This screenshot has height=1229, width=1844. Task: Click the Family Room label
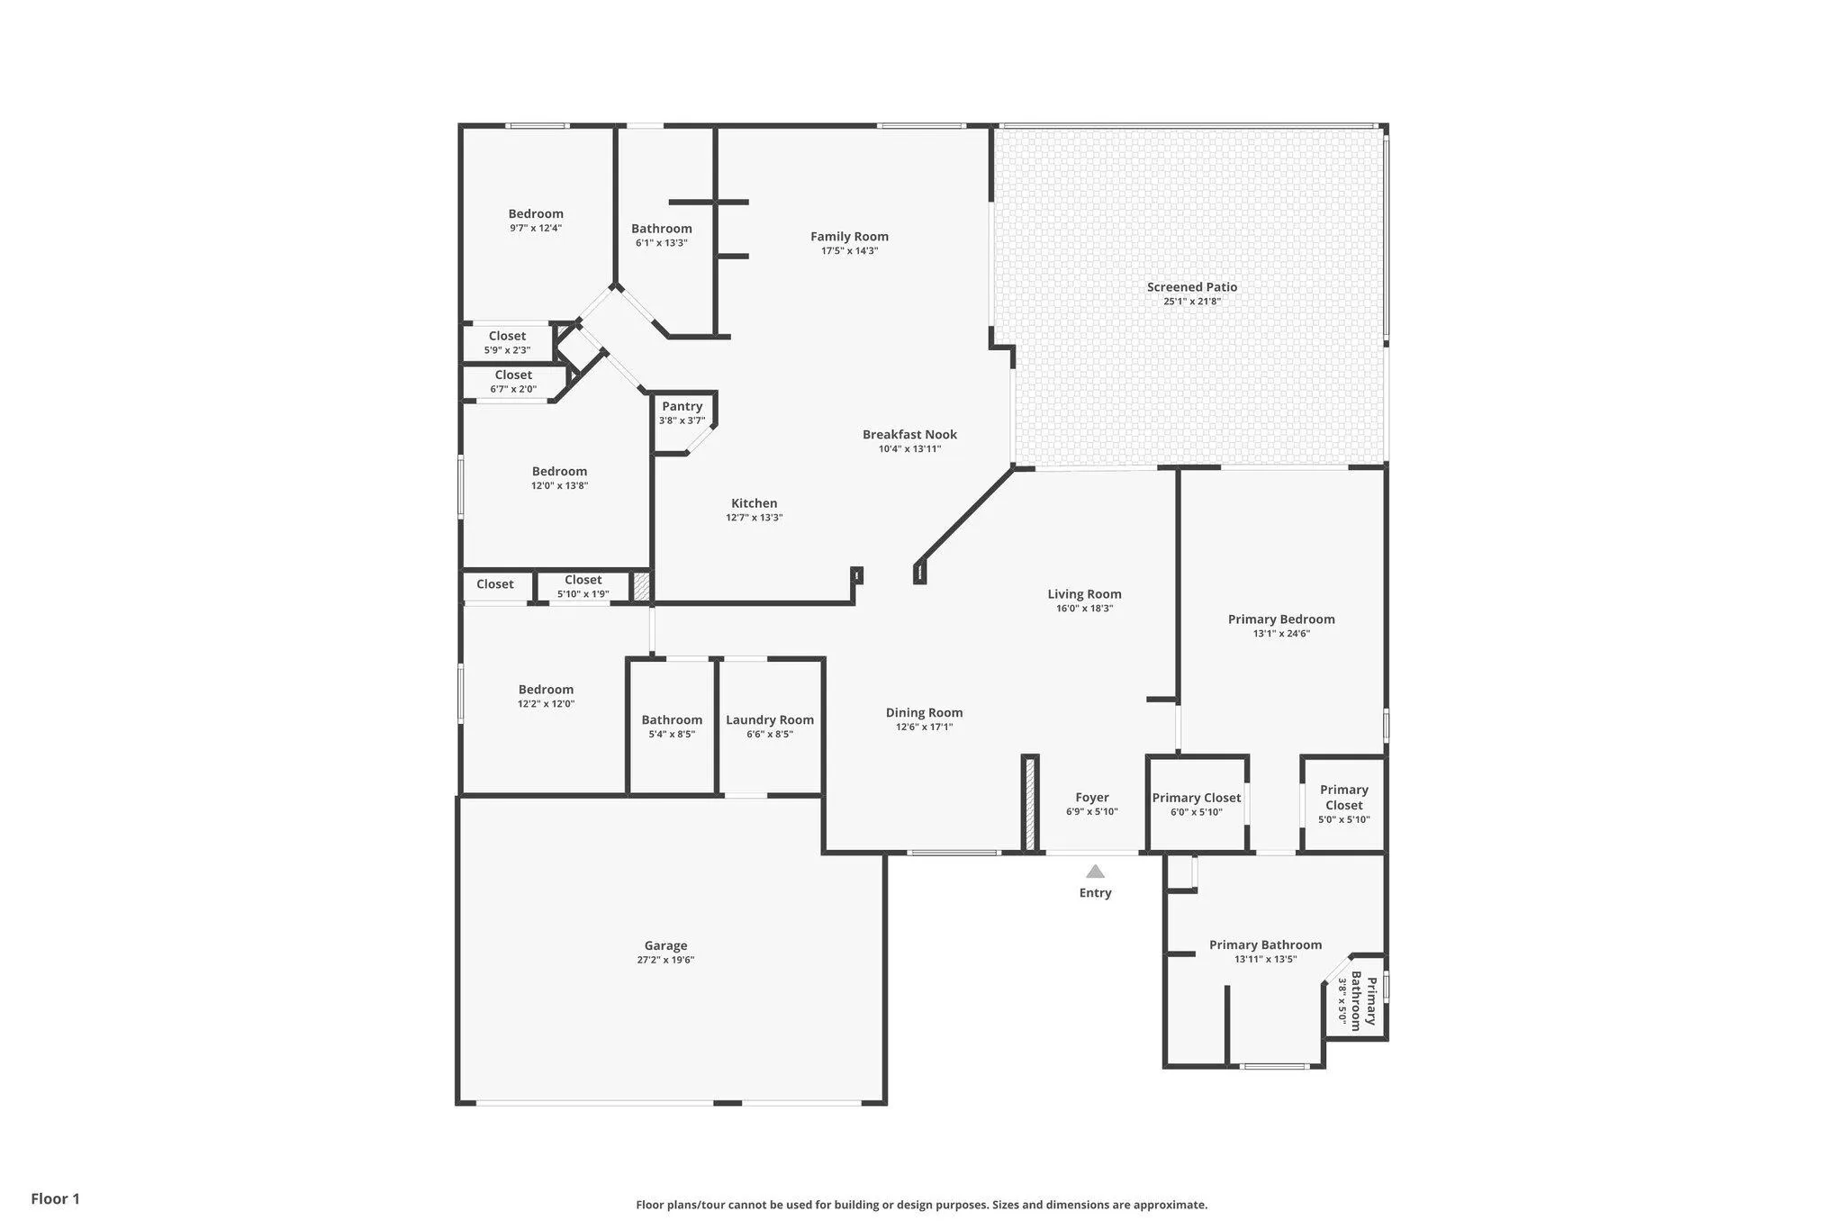(849, 237)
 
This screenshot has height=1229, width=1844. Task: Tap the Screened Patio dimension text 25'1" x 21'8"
(1192, 302)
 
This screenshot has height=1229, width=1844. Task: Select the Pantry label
(682, 407)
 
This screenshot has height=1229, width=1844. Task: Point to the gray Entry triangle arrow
(1095, 872)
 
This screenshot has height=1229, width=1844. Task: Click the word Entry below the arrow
(1095, 893)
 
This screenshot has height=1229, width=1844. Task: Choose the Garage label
(665, 945)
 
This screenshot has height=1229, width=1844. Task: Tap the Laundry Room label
(770, 720)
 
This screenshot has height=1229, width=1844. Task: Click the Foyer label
(1092, 798)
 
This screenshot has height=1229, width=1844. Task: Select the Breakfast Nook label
(909, 435)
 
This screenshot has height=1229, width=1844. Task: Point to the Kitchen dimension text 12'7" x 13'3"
(755, 518)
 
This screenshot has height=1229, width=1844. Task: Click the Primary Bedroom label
(1281, 619)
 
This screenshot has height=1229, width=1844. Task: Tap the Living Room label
(1084, 594)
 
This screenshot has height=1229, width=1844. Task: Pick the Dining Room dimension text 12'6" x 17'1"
(924, 727)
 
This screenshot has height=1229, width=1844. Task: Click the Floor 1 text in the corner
(56, 1199)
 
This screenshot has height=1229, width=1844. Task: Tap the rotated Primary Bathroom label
(1365, 1001)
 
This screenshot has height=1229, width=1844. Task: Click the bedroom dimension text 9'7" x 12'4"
(536, 229)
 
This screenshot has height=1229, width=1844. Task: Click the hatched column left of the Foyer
(1030, 803)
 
